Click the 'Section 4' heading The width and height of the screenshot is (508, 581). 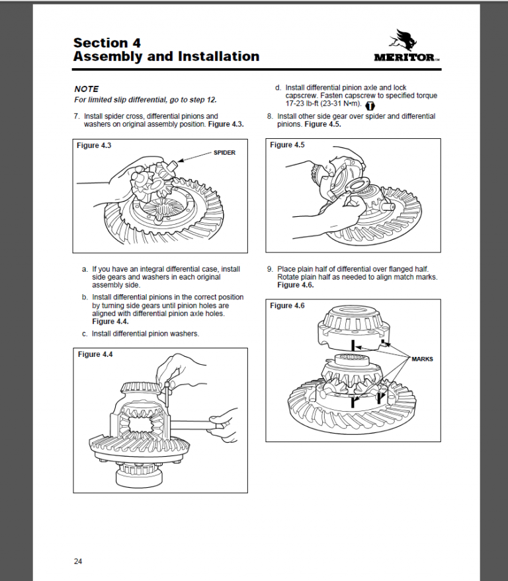tap(107, 43)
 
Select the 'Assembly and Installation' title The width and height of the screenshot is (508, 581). tap(166, 57)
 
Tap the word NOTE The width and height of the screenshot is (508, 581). tap(86, 89)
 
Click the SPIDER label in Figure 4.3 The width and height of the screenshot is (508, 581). tap(224, 152)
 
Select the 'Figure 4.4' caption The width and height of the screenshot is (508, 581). tap(96, 354)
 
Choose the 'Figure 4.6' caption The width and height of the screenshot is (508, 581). tap(288, 305)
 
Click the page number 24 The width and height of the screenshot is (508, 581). tap(78, 561)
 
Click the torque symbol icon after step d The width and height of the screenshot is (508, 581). tap(370, 104)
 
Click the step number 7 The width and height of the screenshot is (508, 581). tap(76, 116)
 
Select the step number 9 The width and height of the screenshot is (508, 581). tap(269, 269)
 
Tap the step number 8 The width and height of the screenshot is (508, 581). tap(269, 116)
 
